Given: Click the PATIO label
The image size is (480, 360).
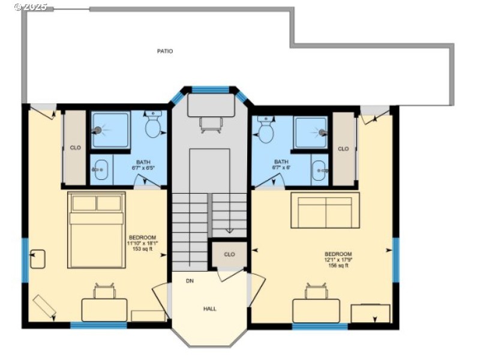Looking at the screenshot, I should pyautogui.click(x=165, y=51).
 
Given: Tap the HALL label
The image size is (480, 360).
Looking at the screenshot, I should pyautogui.click(x=210, y=308).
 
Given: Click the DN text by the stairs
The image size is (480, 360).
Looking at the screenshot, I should pyautogui.click(x=190, y=280).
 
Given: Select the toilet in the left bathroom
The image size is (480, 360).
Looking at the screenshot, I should pyautogui.click(x=154, y=125).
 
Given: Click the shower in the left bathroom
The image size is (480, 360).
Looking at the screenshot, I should pyautogui.click(x=110, y=130).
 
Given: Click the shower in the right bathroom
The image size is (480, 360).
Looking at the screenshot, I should pyautogui.click(x=311, y=132).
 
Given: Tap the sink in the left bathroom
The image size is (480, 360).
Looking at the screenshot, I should pyautogui.click(x=100, y=170).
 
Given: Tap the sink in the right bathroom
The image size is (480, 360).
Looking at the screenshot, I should pyautogui.click(x=319, y=170).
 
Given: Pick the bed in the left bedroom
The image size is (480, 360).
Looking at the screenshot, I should pyautogui.click(x=96, y=230).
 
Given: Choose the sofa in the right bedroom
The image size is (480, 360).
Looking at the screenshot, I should pyautogui.click(x=325, y=210).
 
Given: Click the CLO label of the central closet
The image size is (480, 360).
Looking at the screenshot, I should pyautogui.click(x=229, y=254).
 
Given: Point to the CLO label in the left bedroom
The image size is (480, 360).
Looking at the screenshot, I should pyautogui.click(x=75, y=147).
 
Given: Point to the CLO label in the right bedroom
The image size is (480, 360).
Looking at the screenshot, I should pyautogui.click(x=343, y=149).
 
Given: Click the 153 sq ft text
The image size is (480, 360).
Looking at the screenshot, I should pyautogui.click(x=143, y=249).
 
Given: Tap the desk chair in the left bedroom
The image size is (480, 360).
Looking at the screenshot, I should pyautogui.click(x=104, y=292).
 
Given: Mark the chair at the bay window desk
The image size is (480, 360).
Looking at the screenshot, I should pyautogui.click(x=211, y=124).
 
